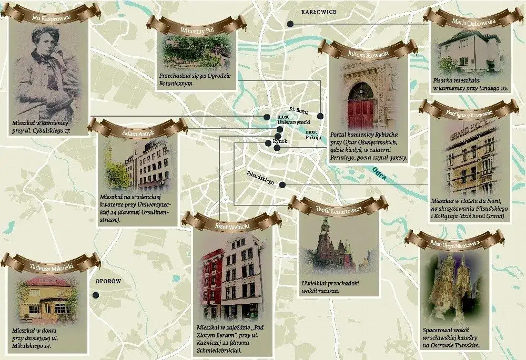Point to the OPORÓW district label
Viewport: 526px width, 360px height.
click(108, 282)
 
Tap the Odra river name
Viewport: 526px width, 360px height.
click(379, 173)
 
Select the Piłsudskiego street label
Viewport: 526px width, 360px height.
click(261, 178)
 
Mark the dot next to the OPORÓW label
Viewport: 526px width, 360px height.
click(96, 295)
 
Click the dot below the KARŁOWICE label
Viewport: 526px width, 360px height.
click(289, 24)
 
